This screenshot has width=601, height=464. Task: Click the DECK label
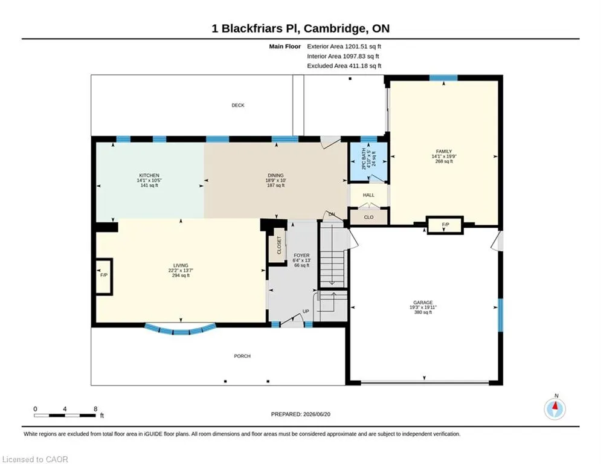pyautogui.click(x=237, y=105)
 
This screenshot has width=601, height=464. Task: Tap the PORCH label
pyautogui.click(x=242, y=356)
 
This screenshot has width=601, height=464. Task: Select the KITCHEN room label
pyautogui.click(x=149, y=175)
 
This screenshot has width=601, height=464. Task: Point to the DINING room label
pyautogui.click(x=275, y=175)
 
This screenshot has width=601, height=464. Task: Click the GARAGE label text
pyautogui.click(x=423, y=302)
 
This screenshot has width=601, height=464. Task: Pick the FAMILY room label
pyautogui.click(x=444, y=152)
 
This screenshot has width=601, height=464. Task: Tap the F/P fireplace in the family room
pyautogui.click(x=445, y=225)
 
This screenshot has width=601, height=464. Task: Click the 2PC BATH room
pyautogui.click(x=368, y=161)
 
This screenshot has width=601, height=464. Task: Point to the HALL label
pyautogui.click(x=368, y=195)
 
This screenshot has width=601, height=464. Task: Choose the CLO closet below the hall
pyautogui.click(x=368, y=217)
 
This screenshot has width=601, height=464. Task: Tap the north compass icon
pyautogui.click(x=554, y=409)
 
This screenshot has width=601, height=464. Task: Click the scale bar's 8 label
pyautogui.click(x=95, y=409)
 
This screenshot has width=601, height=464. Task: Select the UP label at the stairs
pyautogui.click(x=306, y=311)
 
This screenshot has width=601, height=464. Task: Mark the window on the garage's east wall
pyautogui.click(x=500, y=315)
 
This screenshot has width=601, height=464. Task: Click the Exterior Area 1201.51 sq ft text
pyautogui.click(x=344, y=47)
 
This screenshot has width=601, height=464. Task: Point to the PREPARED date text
pyautogui.click(x=301, y=414)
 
